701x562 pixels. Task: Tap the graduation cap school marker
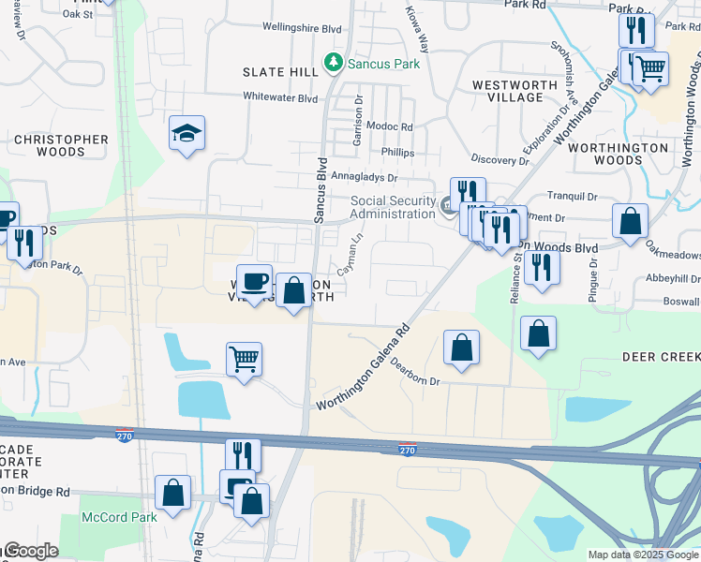click(186, 134)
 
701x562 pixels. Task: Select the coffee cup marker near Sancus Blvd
click(253, 282)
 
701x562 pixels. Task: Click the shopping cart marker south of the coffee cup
click(244, 359)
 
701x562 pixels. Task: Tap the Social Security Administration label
click(393, 207)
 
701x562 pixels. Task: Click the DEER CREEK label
click(661, 357)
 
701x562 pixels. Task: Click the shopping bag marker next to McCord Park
click(173, 493)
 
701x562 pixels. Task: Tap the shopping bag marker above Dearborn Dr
click(461, 348)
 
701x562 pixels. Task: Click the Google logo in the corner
click(30, 551)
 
